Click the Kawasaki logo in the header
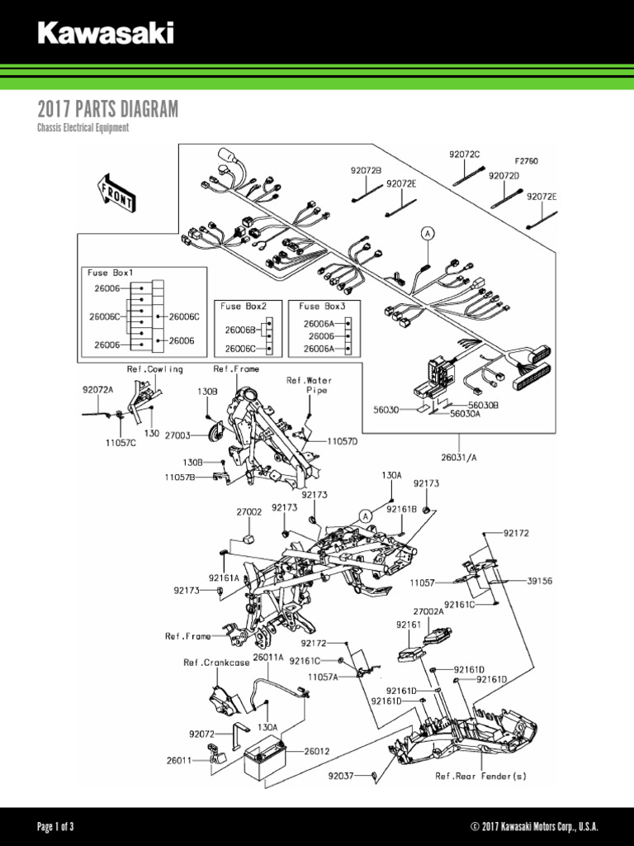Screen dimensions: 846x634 tap(106, 34)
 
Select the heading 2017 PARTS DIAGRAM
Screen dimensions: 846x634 tap(107, 110)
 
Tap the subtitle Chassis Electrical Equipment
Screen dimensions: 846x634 tap(83, 129)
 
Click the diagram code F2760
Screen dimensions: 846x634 tap(526, 161)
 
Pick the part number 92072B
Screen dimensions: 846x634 tap(366, 170)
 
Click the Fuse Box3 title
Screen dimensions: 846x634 tap(323, 307)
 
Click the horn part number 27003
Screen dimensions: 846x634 tap(178, 435)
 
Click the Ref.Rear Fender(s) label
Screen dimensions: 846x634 tap(480, 776)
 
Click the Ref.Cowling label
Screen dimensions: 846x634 tap(154, 368)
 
